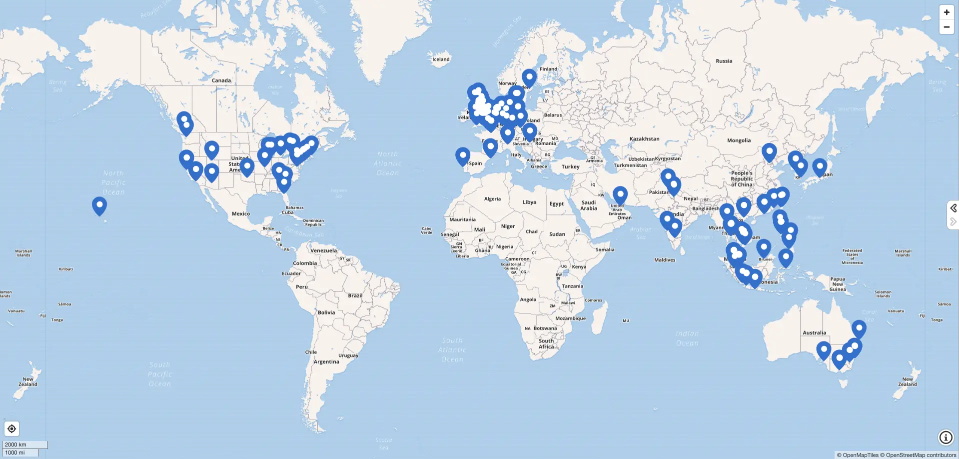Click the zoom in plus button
pyautogui.click(x=947, y=12)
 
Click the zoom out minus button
pyautogui.click(x=947, y=27)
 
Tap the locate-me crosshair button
pyautogui.click(x=11, y=429)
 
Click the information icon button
pyautogui.click(x=946, y=437)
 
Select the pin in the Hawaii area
pyautogui.click(x=99, y=205)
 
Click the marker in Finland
pyautogui.click(x=529, y=77)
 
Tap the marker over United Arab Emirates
pyautogui.click(x=620, y=194)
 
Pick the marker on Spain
pyautogui.click(x=463, y=155)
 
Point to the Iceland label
pyautogui.click(x=441, y=59)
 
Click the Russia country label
pyautogui.click(x=724, y=61)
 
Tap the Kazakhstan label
pyautogui.click(x=644, y=139)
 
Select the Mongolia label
pyautogui.click(x=739, y=140)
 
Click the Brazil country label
pyautogui.click(x=355, y=295)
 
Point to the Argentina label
pyautogui.click(x=326, y=361)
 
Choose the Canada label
pyautogui.click(x=221, y=80)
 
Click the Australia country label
pyautogui.click(x=814, y=332)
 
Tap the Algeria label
pyautogui.click(x=492, y=199)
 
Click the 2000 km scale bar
pyautogui.click(x=25, y=444)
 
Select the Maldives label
pyautogui.click(x=665, y=260)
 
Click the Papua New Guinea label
pyautogui.click(x=838, y=284)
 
